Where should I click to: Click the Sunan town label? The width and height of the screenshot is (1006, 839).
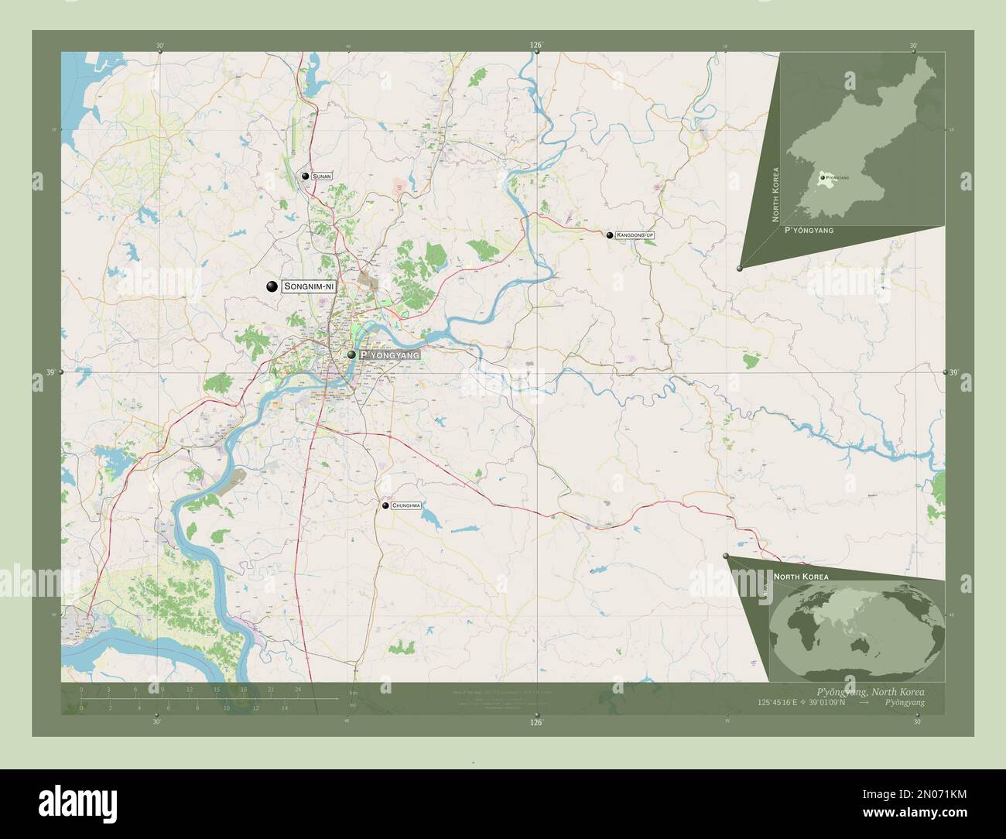pos(322,177)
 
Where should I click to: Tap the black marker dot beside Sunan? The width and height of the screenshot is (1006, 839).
pos(306,176)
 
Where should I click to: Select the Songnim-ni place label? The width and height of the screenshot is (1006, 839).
pos(309,286)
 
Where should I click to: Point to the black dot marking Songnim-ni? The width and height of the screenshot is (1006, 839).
pos(272,286)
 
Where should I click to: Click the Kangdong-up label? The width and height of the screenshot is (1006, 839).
pos(635,235)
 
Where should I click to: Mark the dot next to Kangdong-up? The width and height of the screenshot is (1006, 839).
pos(610,235)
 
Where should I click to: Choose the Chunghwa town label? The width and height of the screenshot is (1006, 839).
pos(405,505)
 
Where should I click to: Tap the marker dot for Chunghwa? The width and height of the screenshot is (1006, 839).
pos(385,505)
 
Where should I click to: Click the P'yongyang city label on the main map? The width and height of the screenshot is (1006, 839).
pos(390,354)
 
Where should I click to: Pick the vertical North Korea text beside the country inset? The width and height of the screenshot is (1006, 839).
pos(775,193)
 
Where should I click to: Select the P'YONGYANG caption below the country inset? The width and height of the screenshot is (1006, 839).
pos(813,231)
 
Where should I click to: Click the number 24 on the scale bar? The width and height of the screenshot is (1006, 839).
pos(298,689)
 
